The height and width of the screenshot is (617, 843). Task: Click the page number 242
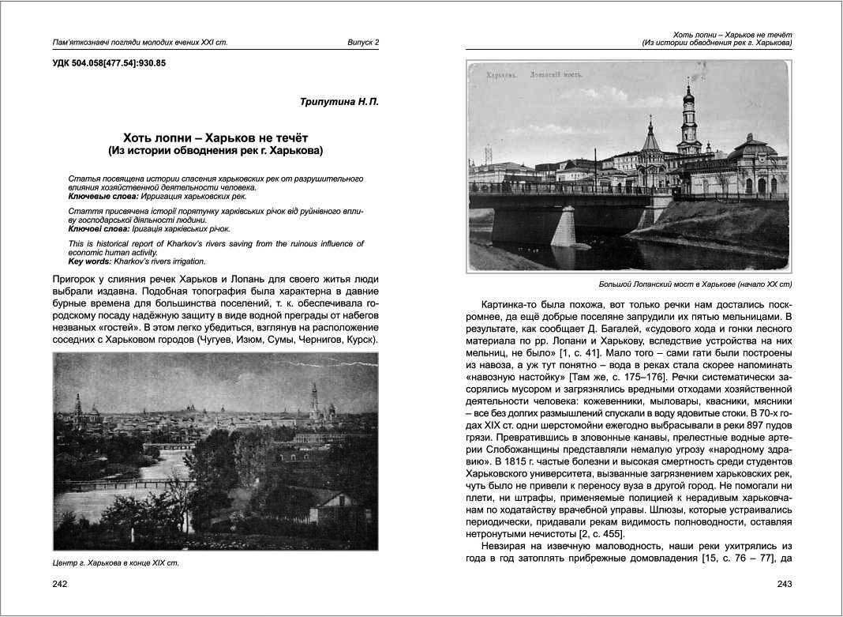(59, 584)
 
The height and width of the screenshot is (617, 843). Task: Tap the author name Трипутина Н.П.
(339, 102)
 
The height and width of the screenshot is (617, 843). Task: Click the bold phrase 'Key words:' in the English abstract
(90, 261)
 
